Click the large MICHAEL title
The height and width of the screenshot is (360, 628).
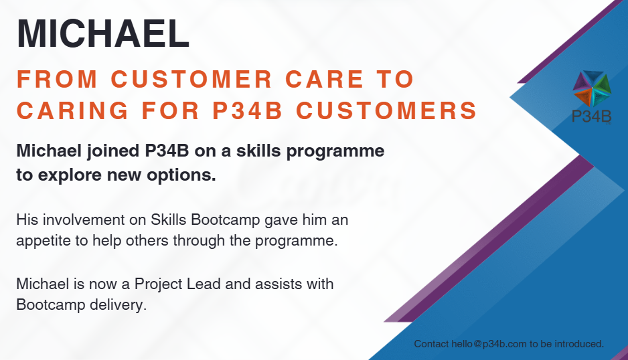[x=103, y=33]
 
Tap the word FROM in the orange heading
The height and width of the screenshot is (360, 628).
[x=58, y=79]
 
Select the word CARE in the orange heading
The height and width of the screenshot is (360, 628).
[x=325, y=79]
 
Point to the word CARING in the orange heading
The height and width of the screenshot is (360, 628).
[x=72, y=110]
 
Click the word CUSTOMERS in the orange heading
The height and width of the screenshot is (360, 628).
[x=386, y=110]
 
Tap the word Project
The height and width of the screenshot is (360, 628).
[x=157, y=284]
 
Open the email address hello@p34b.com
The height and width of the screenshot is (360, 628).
[x=489, y=344]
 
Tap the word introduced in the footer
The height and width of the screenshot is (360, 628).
[x=579, y=344]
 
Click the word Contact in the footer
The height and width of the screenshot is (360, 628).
[x=431, y=344]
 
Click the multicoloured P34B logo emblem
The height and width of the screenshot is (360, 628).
[x=592, y=89]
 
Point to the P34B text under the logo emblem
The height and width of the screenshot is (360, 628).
[x=592, y=116]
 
